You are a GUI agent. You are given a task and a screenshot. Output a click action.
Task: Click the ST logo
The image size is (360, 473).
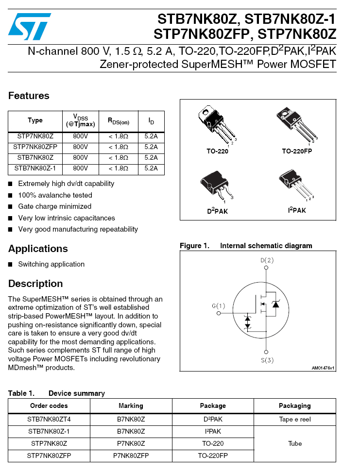pyautogui.click(x=30, y=26)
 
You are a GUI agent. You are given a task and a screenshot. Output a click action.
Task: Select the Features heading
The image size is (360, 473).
pyautogui.click(x=29, y=96)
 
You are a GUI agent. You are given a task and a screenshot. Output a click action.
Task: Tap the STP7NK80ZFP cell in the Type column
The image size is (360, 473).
pyautogui.click(x=35, y=147)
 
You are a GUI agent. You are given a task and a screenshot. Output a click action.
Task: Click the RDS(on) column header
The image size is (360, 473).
pyautogui.click(x=118, y=121)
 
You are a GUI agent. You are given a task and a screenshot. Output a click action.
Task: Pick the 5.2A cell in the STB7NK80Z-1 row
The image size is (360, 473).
pyautogui.click(x=151, y=169)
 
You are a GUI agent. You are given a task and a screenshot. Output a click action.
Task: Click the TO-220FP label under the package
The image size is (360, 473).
pyautogui.click(x=297, y=152)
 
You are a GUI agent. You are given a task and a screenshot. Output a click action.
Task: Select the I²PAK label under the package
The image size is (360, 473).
pyautogui.click(x=297, y=211)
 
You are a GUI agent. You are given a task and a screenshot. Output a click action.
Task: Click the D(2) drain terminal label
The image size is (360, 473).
pyautogui.click(x=267, y=261)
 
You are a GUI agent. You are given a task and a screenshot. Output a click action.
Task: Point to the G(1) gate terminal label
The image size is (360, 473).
pyautogui.click(x=219, y=306)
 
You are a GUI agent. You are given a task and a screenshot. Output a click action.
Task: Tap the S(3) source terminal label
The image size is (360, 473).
pyautogui.click(x=267, y=360)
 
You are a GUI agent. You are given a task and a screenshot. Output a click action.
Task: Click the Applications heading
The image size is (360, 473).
pyautogui.click(x=38, y=249)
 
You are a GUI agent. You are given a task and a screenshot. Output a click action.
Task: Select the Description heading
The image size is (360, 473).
pyautogui.click(x=35, y=284)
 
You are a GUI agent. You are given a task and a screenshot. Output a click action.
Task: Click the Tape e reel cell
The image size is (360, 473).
pyautogui.click(x=294, y=420)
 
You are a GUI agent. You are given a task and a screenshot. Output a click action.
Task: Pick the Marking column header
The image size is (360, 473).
pyautogui.click(x=131, y=406)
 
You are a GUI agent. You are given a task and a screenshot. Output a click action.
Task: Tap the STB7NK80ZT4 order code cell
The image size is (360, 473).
pyautogui.click(x=49, y=420)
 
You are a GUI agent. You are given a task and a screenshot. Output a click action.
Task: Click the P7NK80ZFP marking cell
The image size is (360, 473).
pyautogui.click(x=131, y=456)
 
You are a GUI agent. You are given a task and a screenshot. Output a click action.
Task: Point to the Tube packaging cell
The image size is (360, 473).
pyautogui.click(x=294, y=444)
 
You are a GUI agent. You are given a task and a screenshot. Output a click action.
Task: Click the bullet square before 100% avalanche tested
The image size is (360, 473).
pyautogui.click(x=11, y=195)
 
